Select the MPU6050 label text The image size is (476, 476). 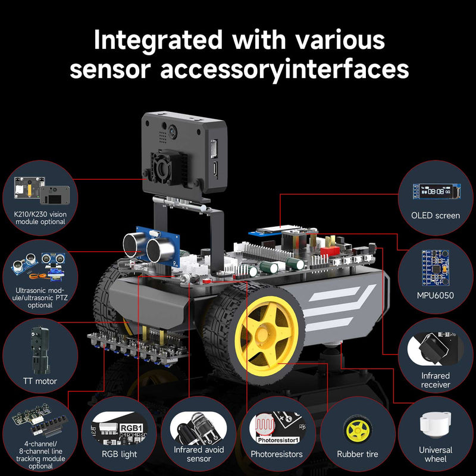pyautogui.click(x=437, y=295)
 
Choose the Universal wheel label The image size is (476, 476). pyautogui.click(x=435, y=455)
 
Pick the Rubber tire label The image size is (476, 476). pyautogui.click(x=357, y=455)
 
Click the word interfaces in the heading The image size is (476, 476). pyautogui.click(x=347, y=69)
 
